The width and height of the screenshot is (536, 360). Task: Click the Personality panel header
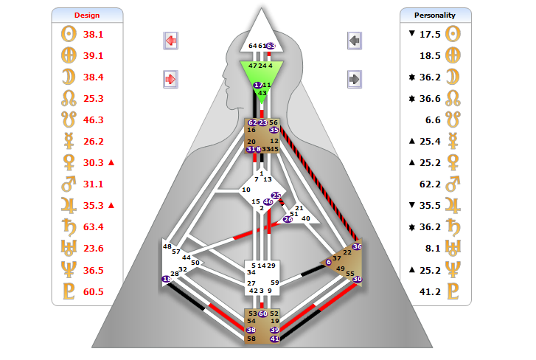point(435,15)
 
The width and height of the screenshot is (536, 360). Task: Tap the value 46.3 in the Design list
point(94,120)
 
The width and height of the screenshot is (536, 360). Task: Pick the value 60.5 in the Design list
point(94,291)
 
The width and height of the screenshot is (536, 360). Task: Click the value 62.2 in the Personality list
point(430,184)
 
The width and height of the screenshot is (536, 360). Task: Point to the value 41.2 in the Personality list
point(430,291)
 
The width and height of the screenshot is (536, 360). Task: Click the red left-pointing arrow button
point(170,41)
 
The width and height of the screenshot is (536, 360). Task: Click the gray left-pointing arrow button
point(355,41)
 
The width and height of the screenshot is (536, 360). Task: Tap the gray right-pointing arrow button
point(355,78)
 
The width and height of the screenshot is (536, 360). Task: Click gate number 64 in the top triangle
point(253,46)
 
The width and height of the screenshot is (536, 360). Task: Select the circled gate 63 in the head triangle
point(271,46)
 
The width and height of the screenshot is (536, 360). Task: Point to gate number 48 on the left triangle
point(167,246)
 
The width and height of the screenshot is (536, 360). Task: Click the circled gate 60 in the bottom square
point(262,314)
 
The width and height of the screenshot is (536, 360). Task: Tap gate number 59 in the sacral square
point(274,283)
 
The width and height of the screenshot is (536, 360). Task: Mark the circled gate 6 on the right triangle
point(329,262)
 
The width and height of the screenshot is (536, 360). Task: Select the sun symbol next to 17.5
point(454,34)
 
